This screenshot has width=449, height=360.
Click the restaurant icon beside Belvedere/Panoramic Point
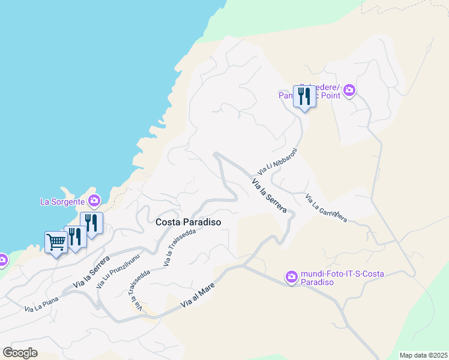[x=304, y=96]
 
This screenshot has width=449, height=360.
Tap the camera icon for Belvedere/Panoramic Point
[x=349, y=91]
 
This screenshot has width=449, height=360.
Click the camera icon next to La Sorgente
[x=94, y=200]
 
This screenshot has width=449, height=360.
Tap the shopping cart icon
[x=56, y=242]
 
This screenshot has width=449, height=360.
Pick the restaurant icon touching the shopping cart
[x=75, y=236]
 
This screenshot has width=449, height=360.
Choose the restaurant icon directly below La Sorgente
[x=91, y=223]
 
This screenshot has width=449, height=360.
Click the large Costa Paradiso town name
[x=188, y=222]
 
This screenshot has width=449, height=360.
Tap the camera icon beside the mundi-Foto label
[x=291, y=277]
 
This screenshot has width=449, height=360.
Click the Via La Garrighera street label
[x=326, y=208]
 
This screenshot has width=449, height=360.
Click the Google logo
[x=20, y=352]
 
